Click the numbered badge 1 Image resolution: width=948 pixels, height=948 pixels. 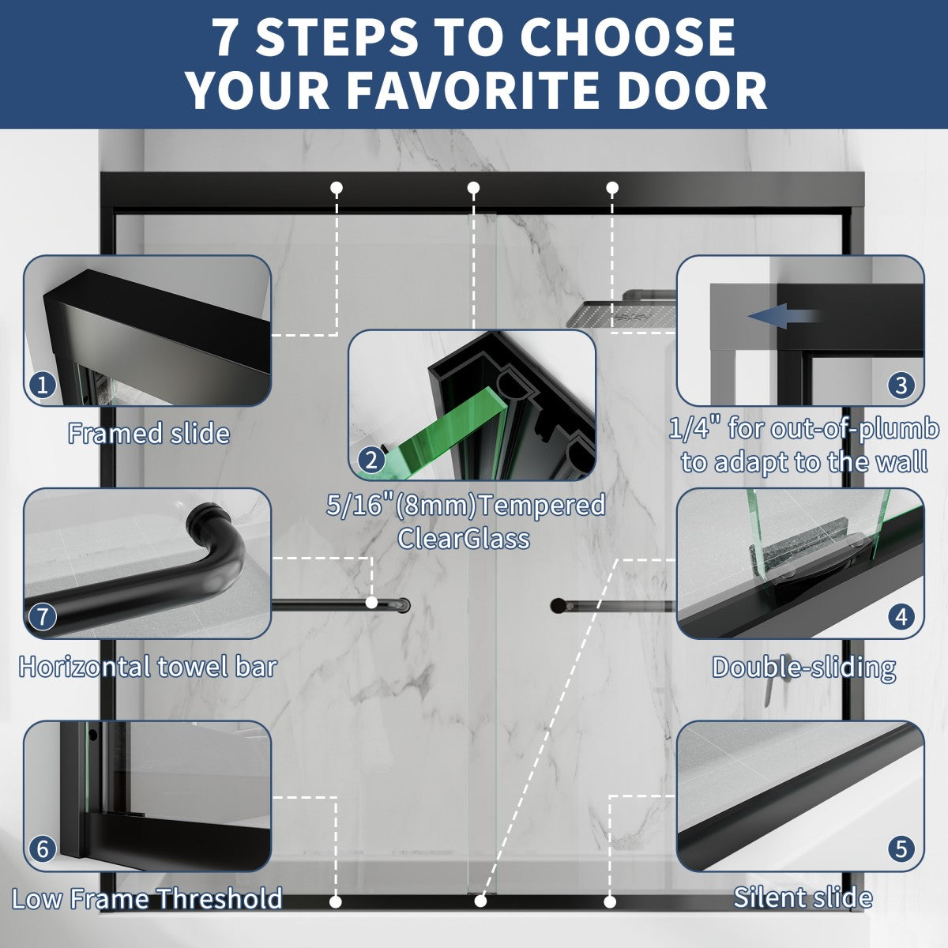click(x=43, y=385)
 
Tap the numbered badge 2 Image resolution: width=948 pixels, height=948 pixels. click(x=371, y=460)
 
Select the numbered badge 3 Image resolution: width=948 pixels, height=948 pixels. click(x=901, y=385)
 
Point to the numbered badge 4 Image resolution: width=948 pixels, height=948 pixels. click(x=901, y=616)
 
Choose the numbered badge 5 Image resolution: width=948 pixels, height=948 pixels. click(x=901, y=848)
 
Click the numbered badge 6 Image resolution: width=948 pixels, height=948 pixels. click(x=43, y=848)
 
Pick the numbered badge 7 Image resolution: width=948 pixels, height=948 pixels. click(x=43, y=616)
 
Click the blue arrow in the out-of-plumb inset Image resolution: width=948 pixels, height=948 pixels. click(x=783, y=315)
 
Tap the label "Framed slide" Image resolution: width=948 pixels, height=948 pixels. click(x=149, y=434)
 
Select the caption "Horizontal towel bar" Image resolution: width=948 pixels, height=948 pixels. click(x=148, y=667)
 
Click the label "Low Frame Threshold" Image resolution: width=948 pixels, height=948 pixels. click(x=147, y=899)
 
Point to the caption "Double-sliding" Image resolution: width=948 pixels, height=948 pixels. click(x=804, y=668)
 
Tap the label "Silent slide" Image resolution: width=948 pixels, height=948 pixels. click(x=803, y=897)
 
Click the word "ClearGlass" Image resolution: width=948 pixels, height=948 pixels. click(x=464, y=538)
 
